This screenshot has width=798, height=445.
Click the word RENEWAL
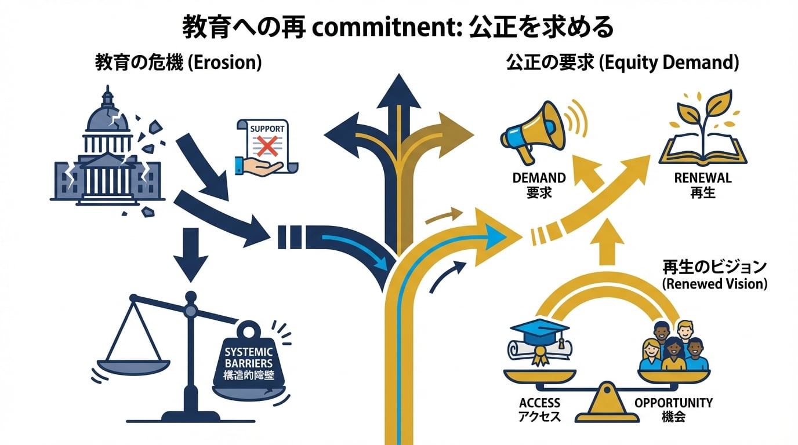703,178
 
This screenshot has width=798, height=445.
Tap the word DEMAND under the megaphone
539,178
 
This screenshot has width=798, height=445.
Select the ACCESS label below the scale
539,403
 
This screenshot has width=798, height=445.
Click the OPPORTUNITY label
673,403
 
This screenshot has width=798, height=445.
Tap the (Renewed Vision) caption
714,284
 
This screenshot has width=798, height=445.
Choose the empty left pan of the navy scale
133,366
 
